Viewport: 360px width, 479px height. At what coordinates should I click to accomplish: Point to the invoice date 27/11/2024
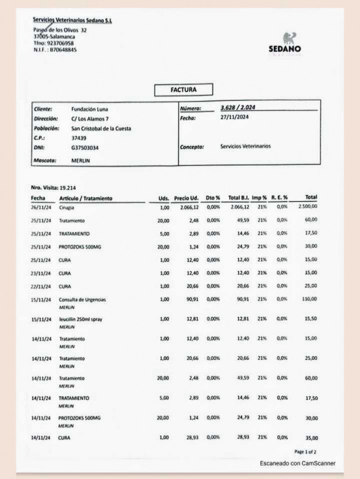point(234,118)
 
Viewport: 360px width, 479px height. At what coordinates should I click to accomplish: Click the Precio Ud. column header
point(186,198)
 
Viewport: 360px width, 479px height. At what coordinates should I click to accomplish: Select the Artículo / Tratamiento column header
point(86,198)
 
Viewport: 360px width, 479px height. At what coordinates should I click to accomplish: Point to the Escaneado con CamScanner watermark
point(297,463)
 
